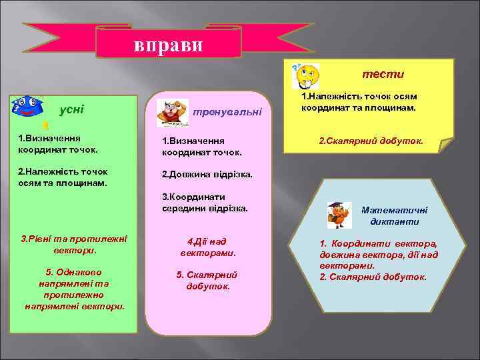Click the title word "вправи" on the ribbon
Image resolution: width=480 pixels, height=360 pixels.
tap(169, 45)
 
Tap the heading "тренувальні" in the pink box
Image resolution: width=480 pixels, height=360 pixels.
tap(227, 112)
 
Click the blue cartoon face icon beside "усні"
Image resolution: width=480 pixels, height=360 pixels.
tap(25, 107)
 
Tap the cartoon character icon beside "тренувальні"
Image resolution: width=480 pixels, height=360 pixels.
tap(172, 113)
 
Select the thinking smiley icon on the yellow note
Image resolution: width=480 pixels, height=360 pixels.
tap(307, 75)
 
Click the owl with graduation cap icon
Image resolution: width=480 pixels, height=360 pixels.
tap(339, 215)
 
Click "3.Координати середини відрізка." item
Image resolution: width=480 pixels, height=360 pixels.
tap(205, 203)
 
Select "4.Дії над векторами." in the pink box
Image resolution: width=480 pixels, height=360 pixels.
tap(208, 247)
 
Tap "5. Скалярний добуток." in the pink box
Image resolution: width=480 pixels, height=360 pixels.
tap(207, 280)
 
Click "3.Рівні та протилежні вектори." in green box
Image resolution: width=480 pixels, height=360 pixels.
tap(74, 245)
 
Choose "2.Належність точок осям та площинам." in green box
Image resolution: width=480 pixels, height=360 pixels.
tap(63, 177)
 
